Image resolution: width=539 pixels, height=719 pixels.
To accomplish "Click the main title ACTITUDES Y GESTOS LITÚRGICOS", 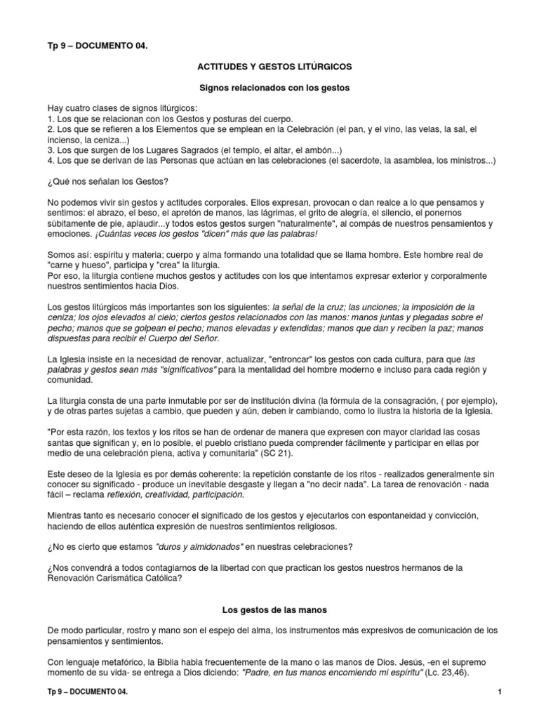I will point(274,66).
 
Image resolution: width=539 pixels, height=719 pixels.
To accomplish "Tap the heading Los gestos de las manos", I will point(274,610).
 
